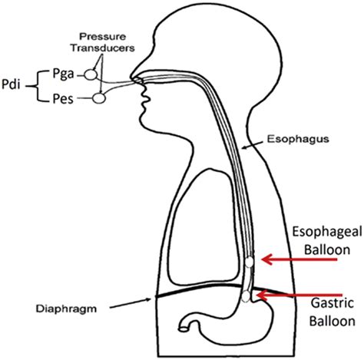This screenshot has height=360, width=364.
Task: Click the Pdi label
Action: tap(11, 84)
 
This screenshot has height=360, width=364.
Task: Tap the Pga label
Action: tap(63, 74)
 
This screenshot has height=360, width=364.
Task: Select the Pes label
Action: tap(63, 99)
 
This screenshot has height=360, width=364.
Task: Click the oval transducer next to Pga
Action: tap(91, 74)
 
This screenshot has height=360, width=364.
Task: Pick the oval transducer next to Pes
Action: tap(99, 98)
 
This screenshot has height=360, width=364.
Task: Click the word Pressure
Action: tap(102, 37)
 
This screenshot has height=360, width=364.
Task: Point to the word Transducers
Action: tap(103, 48)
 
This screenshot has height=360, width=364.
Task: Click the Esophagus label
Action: tap(298, 139)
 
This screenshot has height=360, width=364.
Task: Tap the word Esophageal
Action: tap(327, 232)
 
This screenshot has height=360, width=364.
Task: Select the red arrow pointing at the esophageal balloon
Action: tap(299, 259)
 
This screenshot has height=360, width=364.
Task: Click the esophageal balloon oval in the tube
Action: tap(249, 262)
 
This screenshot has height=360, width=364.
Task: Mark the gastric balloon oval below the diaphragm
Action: tap(246, 296)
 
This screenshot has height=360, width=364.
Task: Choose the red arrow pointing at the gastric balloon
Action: tap(299, 295)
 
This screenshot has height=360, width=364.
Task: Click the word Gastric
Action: tap(333, 303)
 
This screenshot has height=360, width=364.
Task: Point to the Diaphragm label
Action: tap(66, 309)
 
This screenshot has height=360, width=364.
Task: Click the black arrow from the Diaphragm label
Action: tap(131, 303)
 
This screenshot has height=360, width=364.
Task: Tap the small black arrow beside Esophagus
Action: tap(253, 145)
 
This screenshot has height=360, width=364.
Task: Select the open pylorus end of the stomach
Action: tap(183, 329)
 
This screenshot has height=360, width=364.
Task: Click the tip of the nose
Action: tap(131, 78)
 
